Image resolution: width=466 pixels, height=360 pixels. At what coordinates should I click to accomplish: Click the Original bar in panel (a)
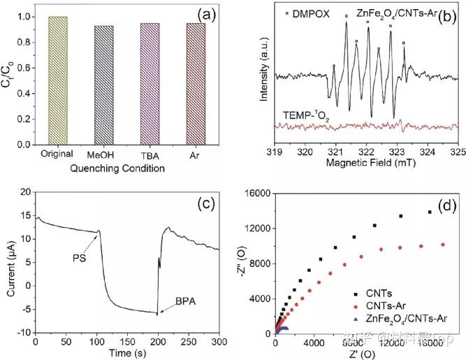[57, 80]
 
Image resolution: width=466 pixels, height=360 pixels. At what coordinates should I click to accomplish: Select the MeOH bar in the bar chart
[103, 85]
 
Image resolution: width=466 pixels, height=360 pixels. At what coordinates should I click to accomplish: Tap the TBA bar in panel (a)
[150, 83]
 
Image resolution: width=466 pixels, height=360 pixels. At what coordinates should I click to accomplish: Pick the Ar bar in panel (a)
[195, 83]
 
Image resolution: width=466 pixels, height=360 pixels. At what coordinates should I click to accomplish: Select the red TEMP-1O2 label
[305, 112]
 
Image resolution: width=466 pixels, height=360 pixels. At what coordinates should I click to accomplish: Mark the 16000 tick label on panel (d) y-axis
[258, 193]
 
